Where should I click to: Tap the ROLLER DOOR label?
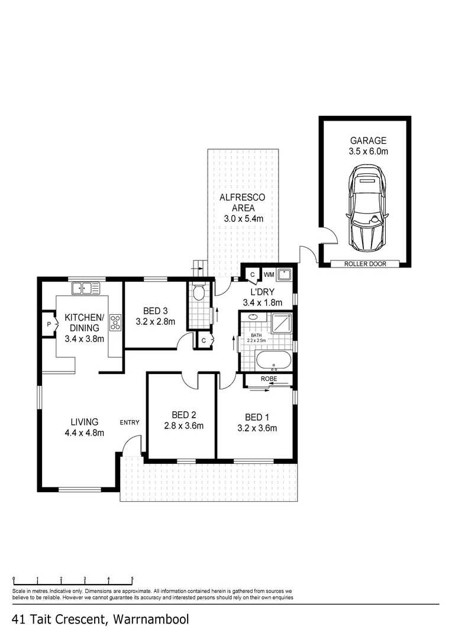(365, 263)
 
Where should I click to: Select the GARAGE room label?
(368, 141)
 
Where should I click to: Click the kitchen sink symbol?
(86, 289)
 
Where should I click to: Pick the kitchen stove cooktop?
(115, 322)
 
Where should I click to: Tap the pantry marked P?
(49, 324)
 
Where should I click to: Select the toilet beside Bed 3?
(199, 292)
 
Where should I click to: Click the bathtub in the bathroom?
(273, 360)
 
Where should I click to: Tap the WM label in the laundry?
(268, 274)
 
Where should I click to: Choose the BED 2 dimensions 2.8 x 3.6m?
(183, 425)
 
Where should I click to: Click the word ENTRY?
(130, 422)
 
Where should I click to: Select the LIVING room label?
(85, 422)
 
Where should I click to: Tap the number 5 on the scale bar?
(132, 579)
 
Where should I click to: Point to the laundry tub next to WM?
(285, 274)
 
